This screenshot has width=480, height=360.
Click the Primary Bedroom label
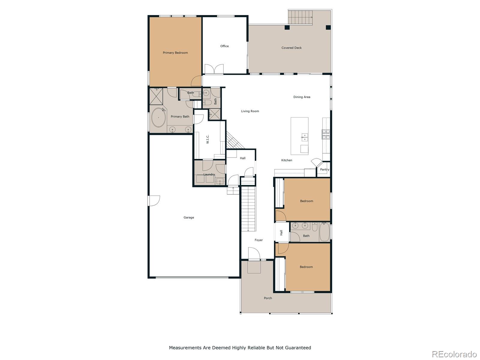[x=175, y=53]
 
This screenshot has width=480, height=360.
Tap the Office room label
[x=224, y=46]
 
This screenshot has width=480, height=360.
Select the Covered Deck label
[x=291, y=48]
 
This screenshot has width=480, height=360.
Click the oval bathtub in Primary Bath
[x=158, y=118]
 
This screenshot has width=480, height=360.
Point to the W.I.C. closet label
[x=208, y=139]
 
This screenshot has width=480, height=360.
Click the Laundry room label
[x=209, y=174]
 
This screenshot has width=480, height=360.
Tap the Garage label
[x=189, y=217]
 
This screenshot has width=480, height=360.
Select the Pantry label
[x=325, y=169]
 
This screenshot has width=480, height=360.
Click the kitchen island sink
[x=304, y=137]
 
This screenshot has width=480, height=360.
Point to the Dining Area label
[x=301, y=97]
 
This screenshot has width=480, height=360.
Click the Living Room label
[x=250, y=111]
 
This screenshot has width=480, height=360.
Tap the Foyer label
[x=259, y=240]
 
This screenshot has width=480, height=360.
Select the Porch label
[x=268, y=298]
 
